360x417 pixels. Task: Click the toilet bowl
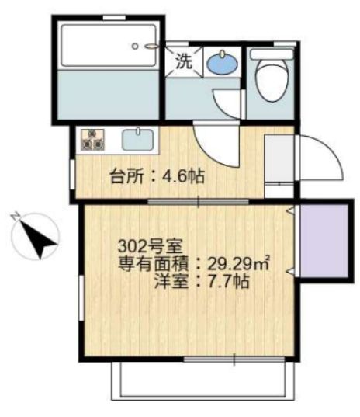coord(271,84)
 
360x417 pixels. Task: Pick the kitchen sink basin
coord(140,141)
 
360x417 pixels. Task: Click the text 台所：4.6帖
coord(157,175)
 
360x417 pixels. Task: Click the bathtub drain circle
coord(135,46)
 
